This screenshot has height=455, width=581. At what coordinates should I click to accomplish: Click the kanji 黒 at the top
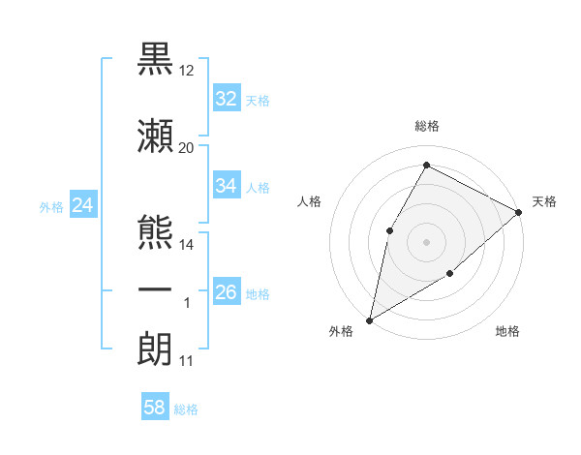click(156, 59)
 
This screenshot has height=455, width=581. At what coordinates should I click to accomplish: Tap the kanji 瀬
click(156, 136)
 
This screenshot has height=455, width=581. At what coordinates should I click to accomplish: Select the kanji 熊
click(156, 231)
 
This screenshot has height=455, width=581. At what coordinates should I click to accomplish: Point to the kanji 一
click(156, 291)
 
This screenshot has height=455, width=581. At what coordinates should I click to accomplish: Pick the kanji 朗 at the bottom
click(156, 349)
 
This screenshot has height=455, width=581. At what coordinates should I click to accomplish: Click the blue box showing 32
click(227, 99)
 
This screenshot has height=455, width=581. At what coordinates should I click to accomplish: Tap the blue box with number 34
click(227, 186)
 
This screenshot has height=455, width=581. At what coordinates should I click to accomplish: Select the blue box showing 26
click(227, 292)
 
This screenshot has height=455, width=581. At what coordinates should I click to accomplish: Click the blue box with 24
click(82, 205)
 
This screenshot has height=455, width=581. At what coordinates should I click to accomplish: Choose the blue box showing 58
click(155, 409)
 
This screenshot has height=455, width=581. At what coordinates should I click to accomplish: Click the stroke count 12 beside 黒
click(187, 71)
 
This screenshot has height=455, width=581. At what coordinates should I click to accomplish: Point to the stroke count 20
click(187, 148)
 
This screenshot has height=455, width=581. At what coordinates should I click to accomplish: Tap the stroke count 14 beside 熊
click(187, 245)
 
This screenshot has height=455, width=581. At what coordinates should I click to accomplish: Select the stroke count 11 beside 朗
click(187, 361)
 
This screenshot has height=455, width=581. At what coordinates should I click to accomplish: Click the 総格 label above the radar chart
click(426, 127)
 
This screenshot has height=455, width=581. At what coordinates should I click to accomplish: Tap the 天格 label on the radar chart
click(544, 202)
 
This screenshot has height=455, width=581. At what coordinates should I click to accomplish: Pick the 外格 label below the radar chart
click(341, 332)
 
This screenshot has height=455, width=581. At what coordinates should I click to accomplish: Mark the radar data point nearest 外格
click(370, 319)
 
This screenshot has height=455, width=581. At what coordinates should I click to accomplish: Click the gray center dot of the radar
click(426, 241)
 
